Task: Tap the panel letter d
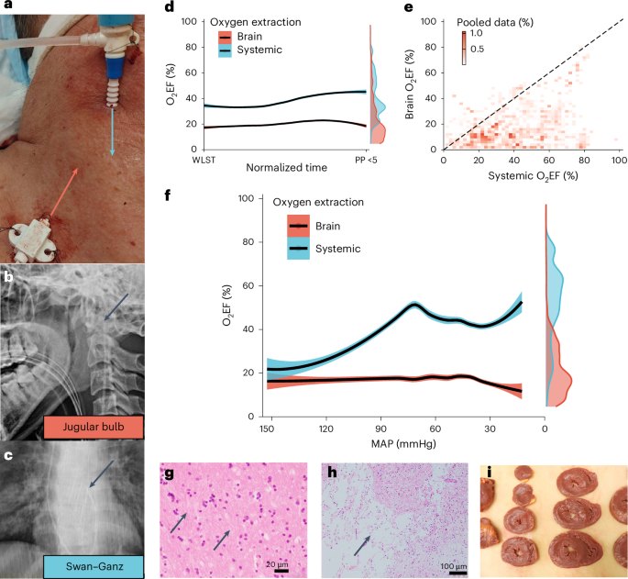(x=169, y=6)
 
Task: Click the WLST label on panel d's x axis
(x=203, y=159)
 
